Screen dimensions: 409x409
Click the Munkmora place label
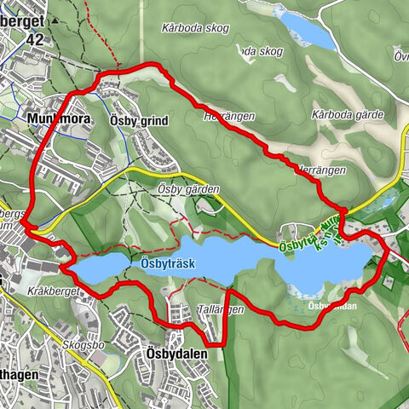53,120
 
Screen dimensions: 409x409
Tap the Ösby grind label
139,122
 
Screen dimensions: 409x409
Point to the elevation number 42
34,40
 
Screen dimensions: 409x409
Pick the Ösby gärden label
189,189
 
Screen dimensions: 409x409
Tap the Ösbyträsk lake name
168,264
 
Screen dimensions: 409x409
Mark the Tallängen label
221,309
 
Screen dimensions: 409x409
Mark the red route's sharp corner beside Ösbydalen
228,343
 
